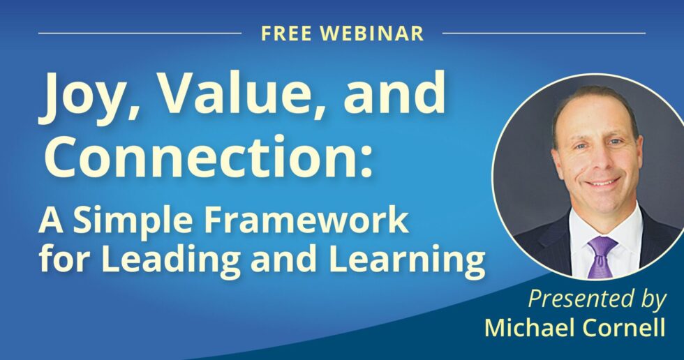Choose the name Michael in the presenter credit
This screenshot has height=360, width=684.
coord(532,327)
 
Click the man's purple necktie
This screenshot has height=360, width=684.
coord(601,254)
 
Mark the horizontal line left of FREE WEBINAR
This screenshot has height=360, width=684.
coord(140,33)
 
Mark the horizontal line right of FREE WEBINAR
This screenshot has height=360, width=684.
coord(544,33)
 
